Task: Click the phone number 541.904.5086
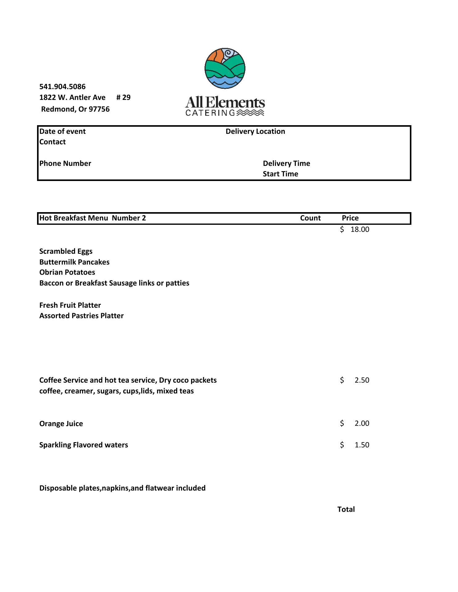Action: coord(62,87)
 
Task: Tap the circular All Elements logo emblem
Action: coord(225,68)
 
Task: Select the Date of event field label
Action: coord(62,131)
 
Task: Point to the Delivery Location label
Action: coord(255,131)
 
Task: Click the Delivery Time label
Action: coord(286,163)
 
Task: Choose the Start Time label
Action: coord(280,174)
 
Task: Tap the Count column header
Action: coord(310,218)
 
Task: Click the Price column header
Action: coord(350,218)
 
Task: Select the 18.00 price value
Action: coord(360,229)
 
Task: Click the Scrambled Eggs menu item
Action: coord(66,251)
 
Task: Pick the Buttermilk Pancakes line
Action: coord(74,262)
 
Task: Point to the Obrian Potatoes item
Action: coord(67,272)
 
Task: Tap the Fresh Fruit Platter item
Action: coord(70,305)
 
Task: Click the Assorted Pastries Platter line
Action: coord(81,316)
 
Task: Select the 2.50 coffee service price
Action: coord(362,380)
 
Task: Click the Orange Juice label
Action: coord(61,424)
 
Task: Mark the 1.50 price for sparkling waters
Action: coord(362,445)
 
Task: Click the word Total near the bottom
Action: coord(346,509)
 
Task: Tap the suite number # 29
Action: coord(123,97)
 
